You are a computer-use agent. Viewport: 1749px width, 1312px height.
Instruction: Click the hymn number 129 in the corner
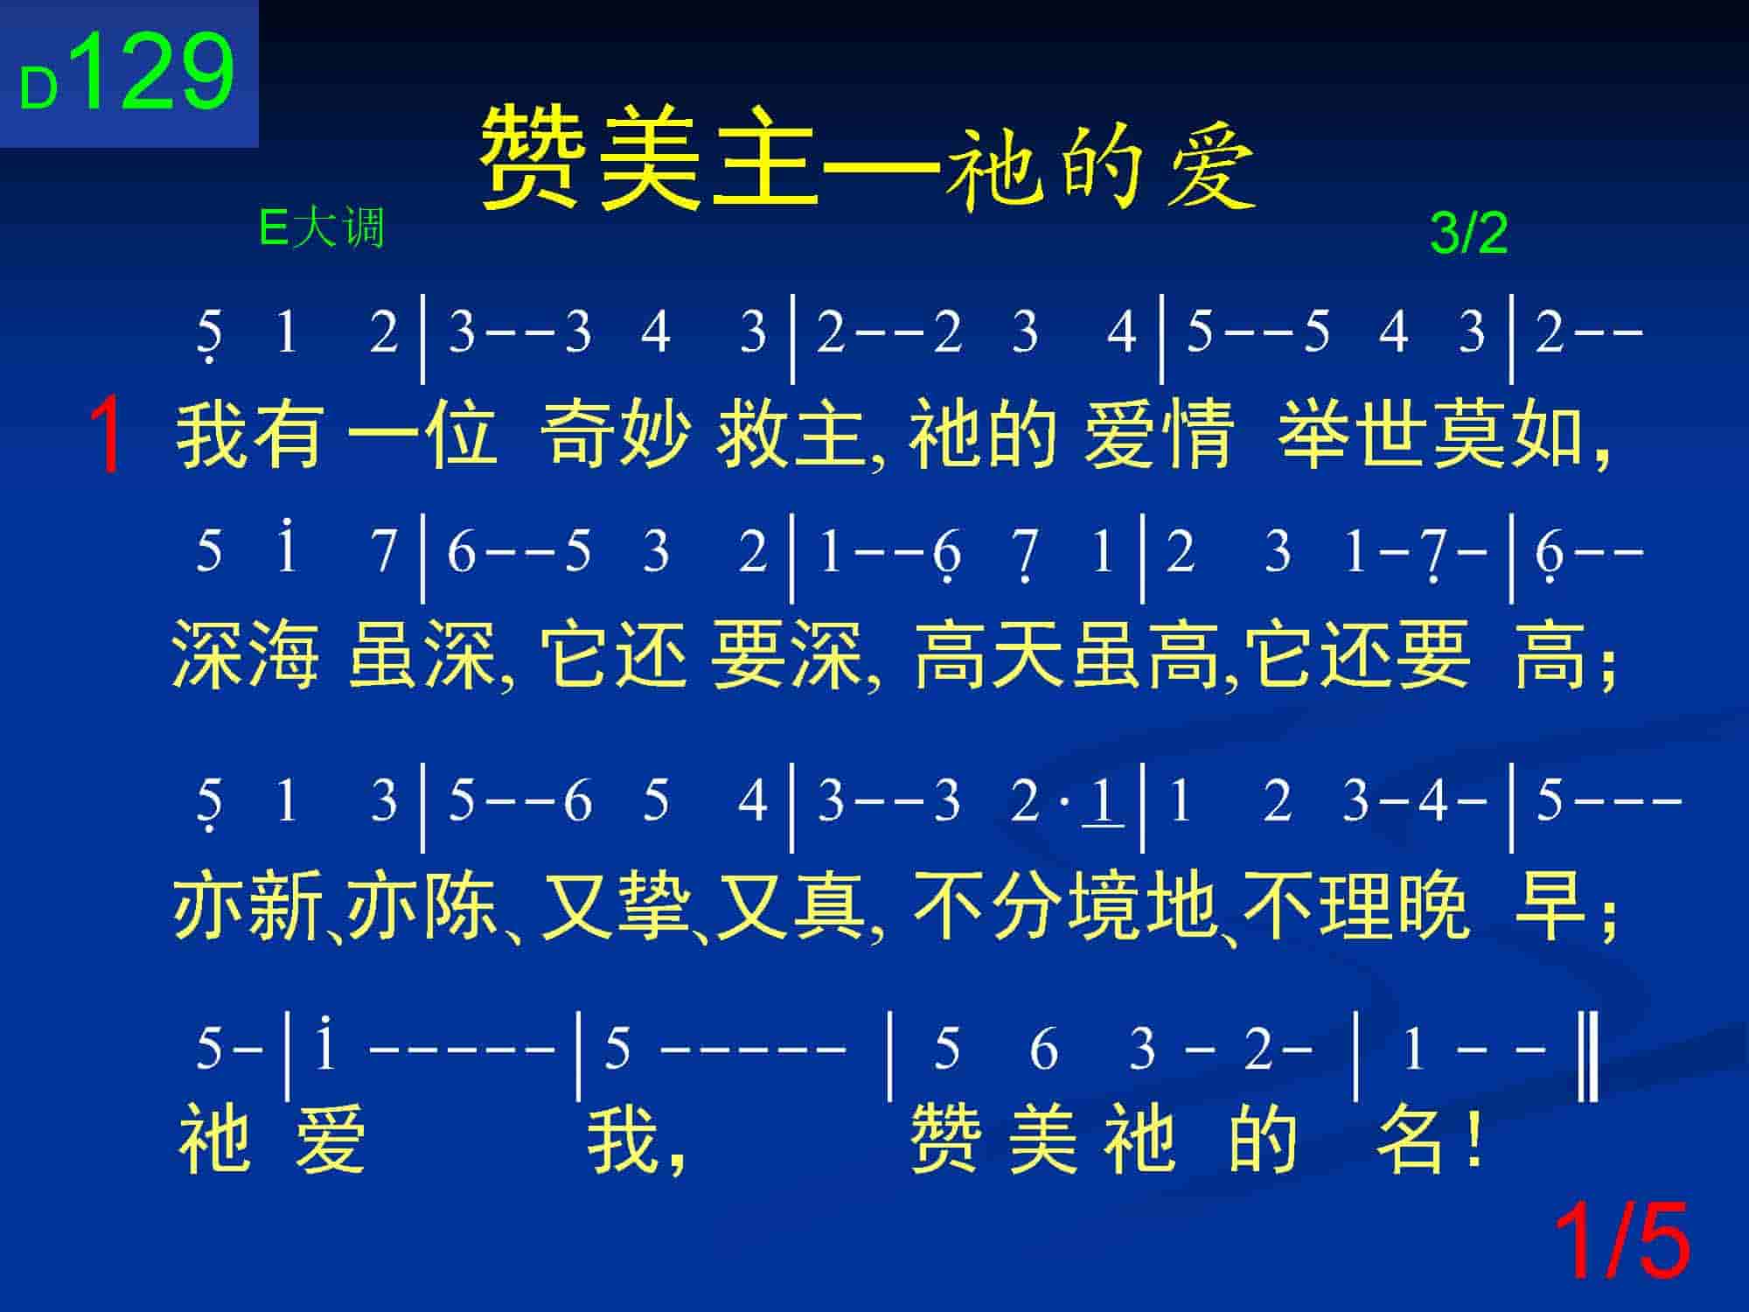pyautogui.click(x=157, y=70)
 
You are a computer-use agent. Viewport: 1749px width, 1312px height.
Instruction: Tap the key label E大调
pyautogui.click(x=322, y=229)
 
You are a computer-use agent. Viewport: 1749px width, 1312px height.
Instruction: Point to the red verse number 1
pyautogui.click(x=106, y=435)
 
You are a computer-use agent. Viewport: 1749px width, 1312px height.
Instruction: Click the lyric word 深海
pyautogui.click(x=245, y=654)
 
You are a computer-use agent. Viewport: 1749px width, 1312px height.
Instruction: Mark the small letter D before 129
pyautogui.click(x=38, y=89)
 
